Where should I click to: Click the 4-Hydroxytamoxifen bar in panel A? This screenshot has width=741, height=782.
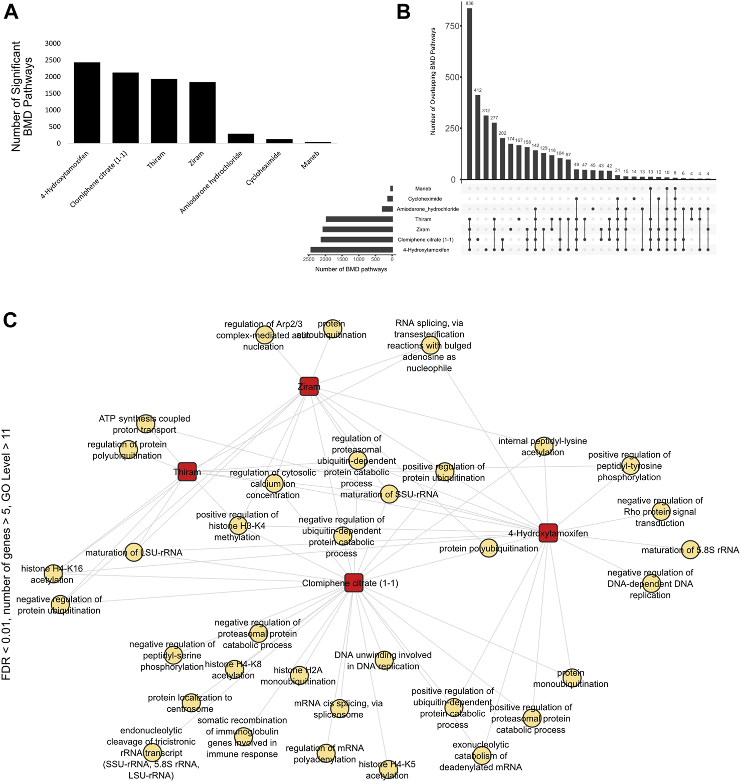coord(87,103)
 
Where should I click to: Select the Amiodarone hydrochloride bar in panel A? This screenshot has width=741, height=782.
coord(241,138)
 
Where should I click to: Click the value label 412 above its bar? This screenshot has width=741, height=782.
coord(478,90)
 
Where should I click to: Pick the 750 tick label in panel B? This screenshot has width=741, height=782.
coord(453,26)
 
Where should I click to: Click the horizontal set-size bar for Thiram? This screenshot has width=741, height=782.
coord(359,219)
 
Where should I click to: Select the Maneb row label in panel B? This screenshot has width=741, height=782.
coord(423,189)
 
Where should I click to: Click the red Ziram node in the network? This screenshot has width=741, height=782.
coord(309,386)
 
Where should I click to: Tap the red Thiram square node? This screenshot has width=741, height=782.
coord(187,472)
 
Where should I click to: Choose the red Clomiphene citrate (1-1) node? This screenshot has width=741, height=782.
coord(354,583)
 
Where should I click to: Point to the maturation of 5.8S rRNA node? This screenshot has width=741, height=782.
coord(690,550)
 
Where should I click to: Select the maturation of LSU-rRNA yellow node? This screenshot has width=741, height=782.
coord(133,552)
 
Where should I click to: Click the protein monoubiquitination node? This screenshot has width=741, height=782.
coord(572,678)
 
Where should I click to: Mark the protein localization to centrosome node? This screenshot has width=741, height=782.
coord(191,703)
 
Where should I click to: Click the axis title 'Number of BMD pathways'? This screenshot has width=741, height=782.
coord(351,269)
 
